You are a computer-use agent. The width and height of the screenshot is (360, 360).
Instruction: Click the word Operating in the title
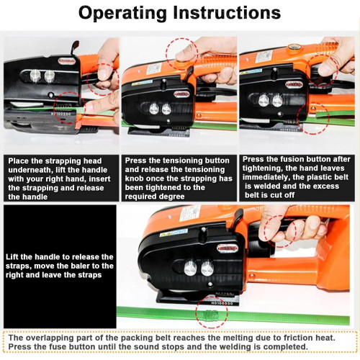pyautogui.click(x=122, y=13)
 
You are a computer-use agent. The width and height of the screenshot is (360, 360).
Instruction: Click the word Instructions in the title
pyautogui.click(x=227, y=12)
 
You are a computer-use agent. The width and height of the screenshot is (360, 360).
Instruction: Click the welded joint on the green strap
pyautogui.click(x=210, y=314)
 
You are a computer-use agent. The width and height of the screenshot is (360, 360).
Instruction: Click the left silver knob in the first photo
pyautogui.click(x=35, y=76)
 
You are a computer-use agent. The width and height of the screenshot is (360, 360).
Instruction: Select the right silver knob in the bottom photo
pyautogui.click(x=207, y=269)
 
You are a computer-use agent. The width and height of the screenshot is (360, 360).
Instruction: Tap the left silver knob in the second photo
pyautogui.click(x=154, y=109)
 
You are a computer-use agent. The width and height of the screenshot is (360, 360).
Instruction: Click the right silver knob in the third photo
pyautogui.click(x=277, y=101)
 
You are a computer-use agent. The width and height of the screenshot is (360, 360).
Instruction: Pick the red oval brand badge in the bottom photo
pyautogui.click(x=228, y=248)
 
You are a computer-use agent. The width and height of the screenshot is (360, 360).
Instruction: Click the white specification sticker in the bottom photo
pyautogui.click(x=190, y=213)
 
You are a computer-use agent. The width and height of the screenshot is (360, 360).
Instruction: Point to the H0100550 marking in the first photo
pyautogui.click(x=60, y=114)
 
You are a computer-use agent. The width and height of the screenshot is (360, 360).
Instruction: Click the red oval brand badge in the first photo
pyautogui.click(x=67, y=61)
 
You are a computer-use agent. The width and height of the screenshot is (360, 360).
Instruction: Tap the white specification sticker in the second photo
pyautogui.click(x=153, y=69)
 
